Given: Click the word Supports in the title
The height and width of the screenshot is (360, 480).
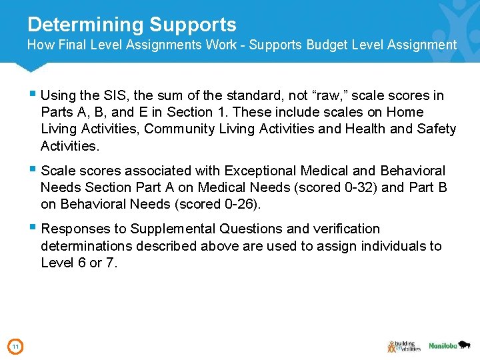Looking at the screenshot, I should pyautogui.click(x=193, y=25).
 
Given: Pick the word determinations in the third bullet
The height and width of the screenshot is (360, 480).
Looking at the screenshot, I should pyautogui.click(x=86, y=246).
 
